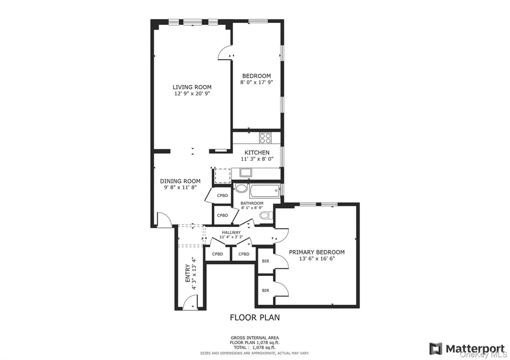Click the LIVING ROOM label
pos(192,87)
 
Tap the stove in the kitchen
pos(265,138)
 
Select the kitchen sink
pos(245,172)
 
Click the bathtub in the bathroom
pos(264,191)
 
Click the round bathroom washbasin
pos(241,188)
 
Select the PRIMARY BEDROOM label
pos(317,252)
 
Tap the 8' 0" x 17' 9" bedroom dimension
pos(256,83)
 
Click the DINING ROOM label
pos(180,181)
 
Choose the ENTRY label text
pos(188,273)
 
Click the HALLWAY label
pos(231,233)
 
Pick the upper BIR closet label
pos(265,261)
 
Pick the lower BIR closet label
pos(265,290)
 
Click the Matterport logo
pos(468,349)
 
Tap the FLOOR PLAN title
pos(255,317)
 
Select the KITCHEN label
pos(257,152)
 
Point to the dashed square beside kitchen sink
pos(223,176)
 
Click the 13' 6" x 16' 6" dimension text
pos(317,259)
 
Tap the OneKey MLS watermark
pos(484,355)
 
